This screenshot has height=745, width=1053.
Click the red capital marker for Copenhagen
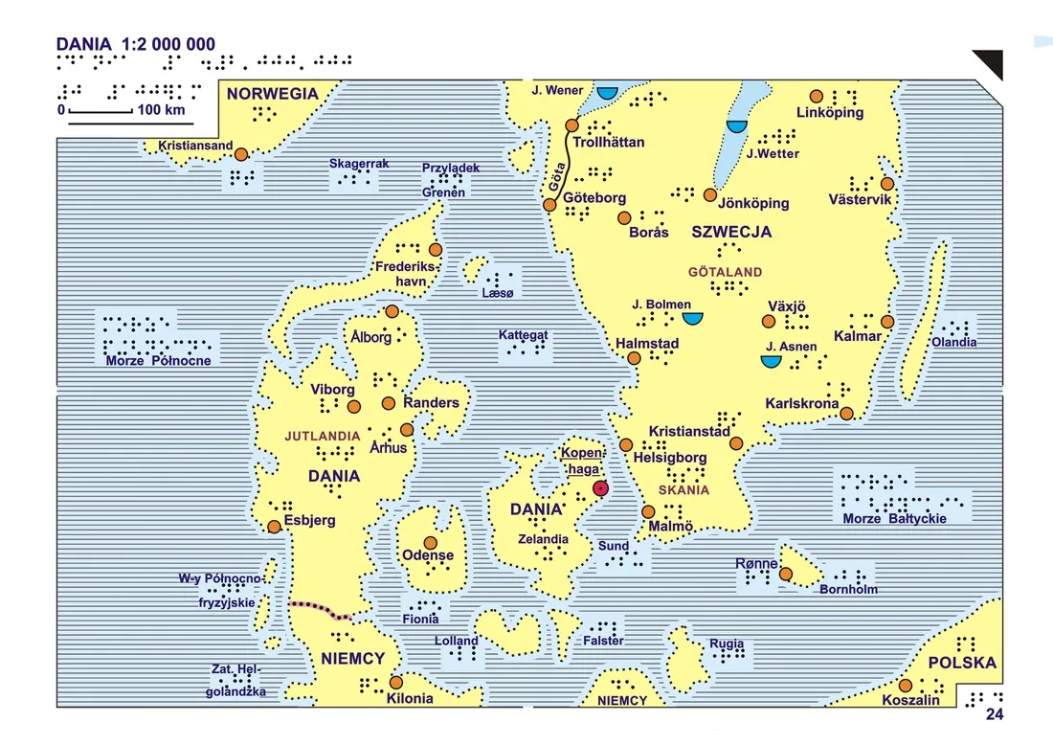coord(600,488)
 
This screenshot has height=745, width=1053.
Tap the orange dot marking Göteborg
coord(549,205)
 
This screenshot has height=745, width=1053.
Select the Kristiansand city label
coord(195,146)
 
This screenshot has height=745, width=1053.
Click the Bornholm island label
coord(848,589)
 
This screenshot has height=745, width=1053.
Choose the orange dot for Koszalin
coord(905,686)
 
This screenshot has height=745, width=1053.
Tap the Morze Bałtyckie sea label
coord(894,518)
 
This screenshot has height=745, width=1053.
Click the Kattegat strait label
coord(523,335)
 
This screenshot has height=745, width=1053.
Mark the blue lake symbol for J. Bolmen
coord(692,317)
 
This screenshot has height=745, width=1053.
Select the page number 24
coord(994,713)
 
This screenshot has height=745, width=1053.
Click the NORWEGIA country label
coord(272,94)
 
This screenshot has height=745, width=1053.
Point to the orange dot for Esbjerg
coord(275,526)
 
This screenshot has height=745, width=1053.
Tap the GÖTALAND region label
coord(725,272)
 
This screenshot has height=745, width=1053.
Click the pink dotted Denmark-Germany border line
coord(319,609)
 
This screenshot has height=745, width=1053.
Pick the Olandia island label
coord(954,342)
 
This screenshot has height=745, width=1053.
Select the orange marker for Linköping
coord(816,96)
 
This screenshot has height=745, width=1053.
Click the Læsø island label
coord(498,293)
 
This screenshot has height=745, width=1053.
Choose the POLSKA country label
coord(962,663)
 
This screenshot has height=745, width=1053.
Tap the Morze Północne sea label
coord(158,360)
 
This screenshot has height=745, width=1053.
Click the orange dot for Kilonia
coord(395,683)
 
